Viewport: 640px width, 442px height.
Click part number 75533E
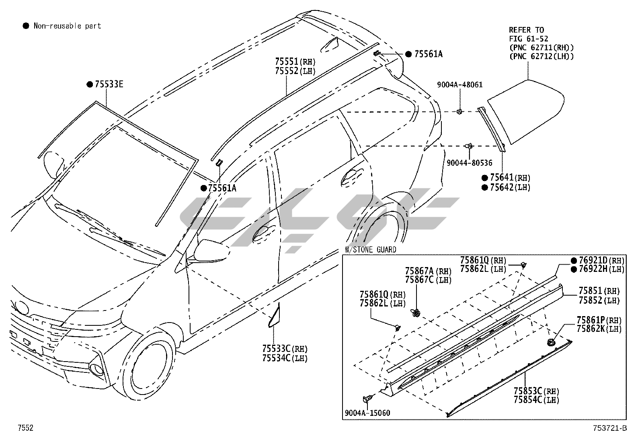(x=109, y=84)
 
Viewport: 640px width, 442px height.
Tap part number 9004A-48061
(x=460, y=85)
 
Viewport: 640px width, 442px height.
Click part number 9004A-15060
(x=367, y=413)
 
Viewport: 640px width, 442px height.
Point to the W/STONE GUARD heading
(x=371, y=250)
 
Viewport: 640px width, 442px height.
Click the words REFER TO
(x=526, y=30)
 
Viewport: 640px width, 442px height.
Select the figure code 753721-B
(x=609, y=428)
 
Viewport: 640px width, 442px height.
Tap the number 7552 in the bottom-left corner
(x=25, y=428)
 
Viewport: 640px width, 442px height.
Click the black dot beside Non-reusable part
(x=26, y=26)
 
